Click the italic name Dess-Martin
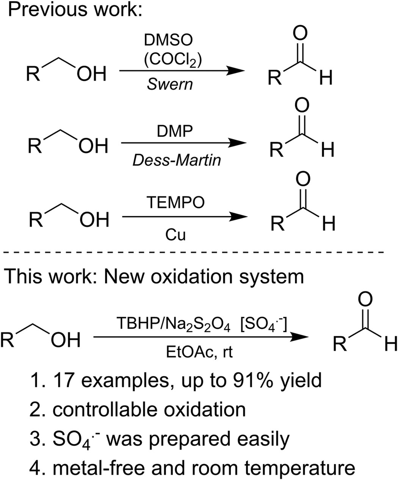click(176, 160)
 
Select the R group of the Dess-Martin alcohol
click(36, 146)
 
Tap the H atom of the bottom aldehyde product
click(389, 344)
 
